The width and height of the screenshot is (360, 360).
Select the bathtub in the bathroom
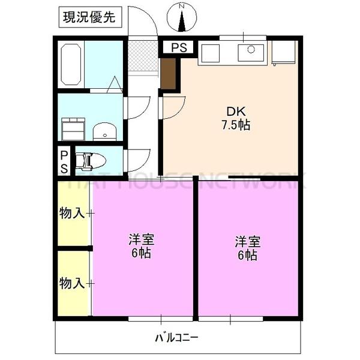71,65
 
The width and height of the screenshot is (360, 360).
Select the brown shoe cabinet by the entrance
169,73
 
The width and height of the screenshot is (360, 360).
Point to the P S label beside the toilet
63,161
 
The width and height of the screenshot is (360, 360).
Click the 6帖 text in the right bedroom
247,256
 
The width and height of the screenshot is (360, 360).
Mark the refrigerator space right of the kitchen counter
283,53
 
